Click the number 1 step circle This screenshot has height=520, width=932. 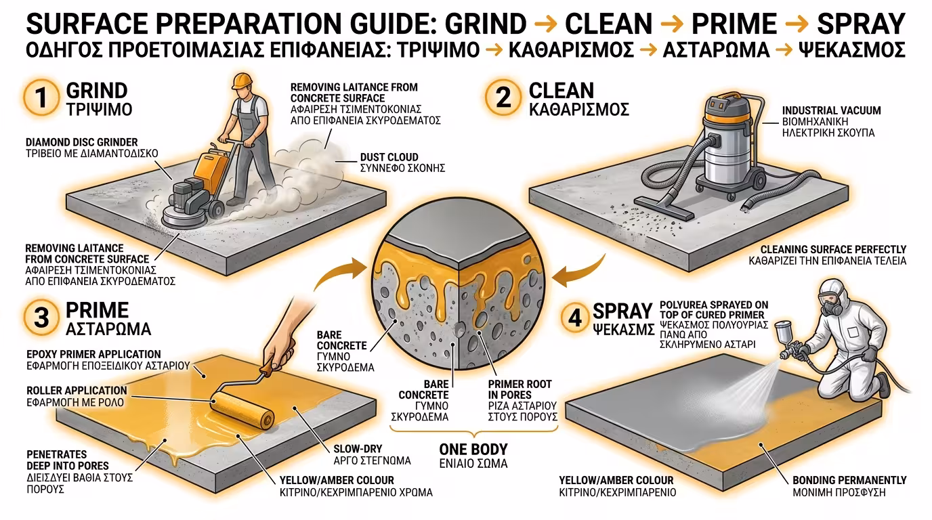41,97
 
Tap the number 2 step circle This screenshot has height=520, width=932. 503,97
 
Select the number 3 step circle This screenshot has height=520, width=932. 41,318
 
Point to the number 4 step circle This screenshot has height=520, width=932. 574,318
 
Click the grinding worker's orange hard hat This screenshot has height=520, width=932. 242,81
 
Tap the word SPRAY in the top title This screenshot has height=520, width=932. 861,24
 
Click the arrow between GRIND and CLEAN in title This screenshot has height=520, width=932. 545,24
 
